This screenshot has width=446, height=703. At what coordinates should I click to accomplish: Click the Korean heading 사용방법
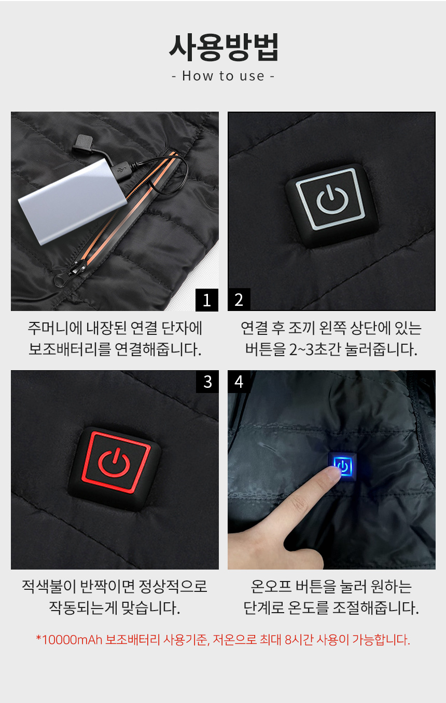[224, 47]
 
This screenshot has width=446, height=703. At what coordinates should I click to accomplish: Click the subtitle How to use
[223, 76]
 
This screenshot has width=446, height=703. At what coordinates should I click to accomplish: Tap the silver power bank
[73, 201]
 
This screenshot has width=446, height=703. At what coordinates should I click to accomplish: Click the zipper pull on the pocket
[69, 274]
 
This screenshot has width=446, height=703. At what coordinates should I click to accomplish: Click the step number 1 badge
[207, 300]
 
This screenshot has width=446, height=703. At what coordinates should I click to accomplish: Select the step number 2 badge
[239, 300]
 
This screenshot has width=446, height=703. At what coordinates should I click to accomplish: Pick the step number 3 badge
[207, 382]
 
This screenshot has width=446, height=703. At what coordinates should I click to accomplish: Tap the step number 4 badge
[239, 382]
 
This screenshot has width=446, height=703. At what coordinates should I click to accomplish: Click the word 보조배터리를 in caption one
[70, 349]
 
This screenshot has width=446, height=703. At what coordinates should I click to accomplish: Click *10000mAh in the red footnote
[69, 639]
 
